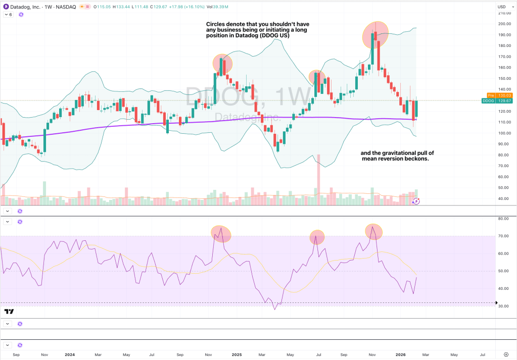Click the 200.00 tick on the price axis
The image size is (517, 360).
point(503,24)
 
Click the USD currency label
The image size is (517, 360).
point(502,7)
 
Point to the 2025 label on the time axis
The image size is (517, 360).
point(237,354)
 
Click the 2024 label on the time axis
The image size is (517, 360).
point(70,354)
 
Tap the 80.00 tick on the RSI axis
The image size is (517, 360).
point(503,219)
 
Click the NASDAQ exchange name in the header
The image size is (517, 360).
point(66,7)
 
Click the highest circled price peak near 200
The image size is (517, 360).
point(375,33)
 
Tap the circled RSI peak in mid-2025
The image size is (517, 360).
point(317,237)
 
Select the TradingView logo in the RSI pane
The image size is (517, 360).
point(9,312)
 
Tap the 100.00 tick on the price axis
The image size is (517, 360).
point(503,133)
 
